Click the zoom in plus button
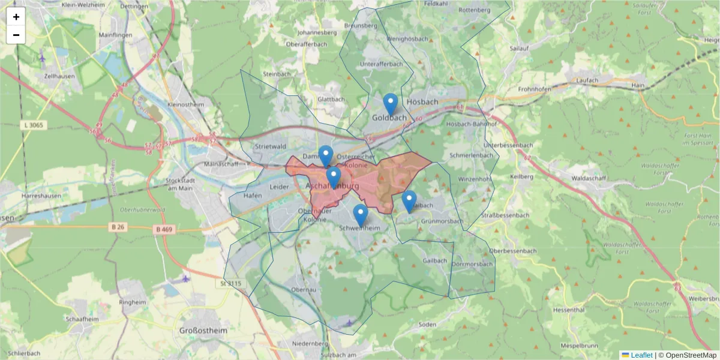(16, 17)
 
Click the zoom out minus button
(16, 35)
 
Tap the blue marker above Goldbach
(391, 104)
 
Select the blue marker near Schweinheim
(360, 215)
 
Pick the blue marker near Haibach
(409, 202)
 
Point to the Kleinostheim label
(186, 104)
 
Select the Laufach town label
(587, 80)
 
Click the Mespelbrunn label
(581, 346)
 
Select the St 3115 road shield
(230, 283)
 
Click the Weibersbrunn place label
(704, 298)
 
